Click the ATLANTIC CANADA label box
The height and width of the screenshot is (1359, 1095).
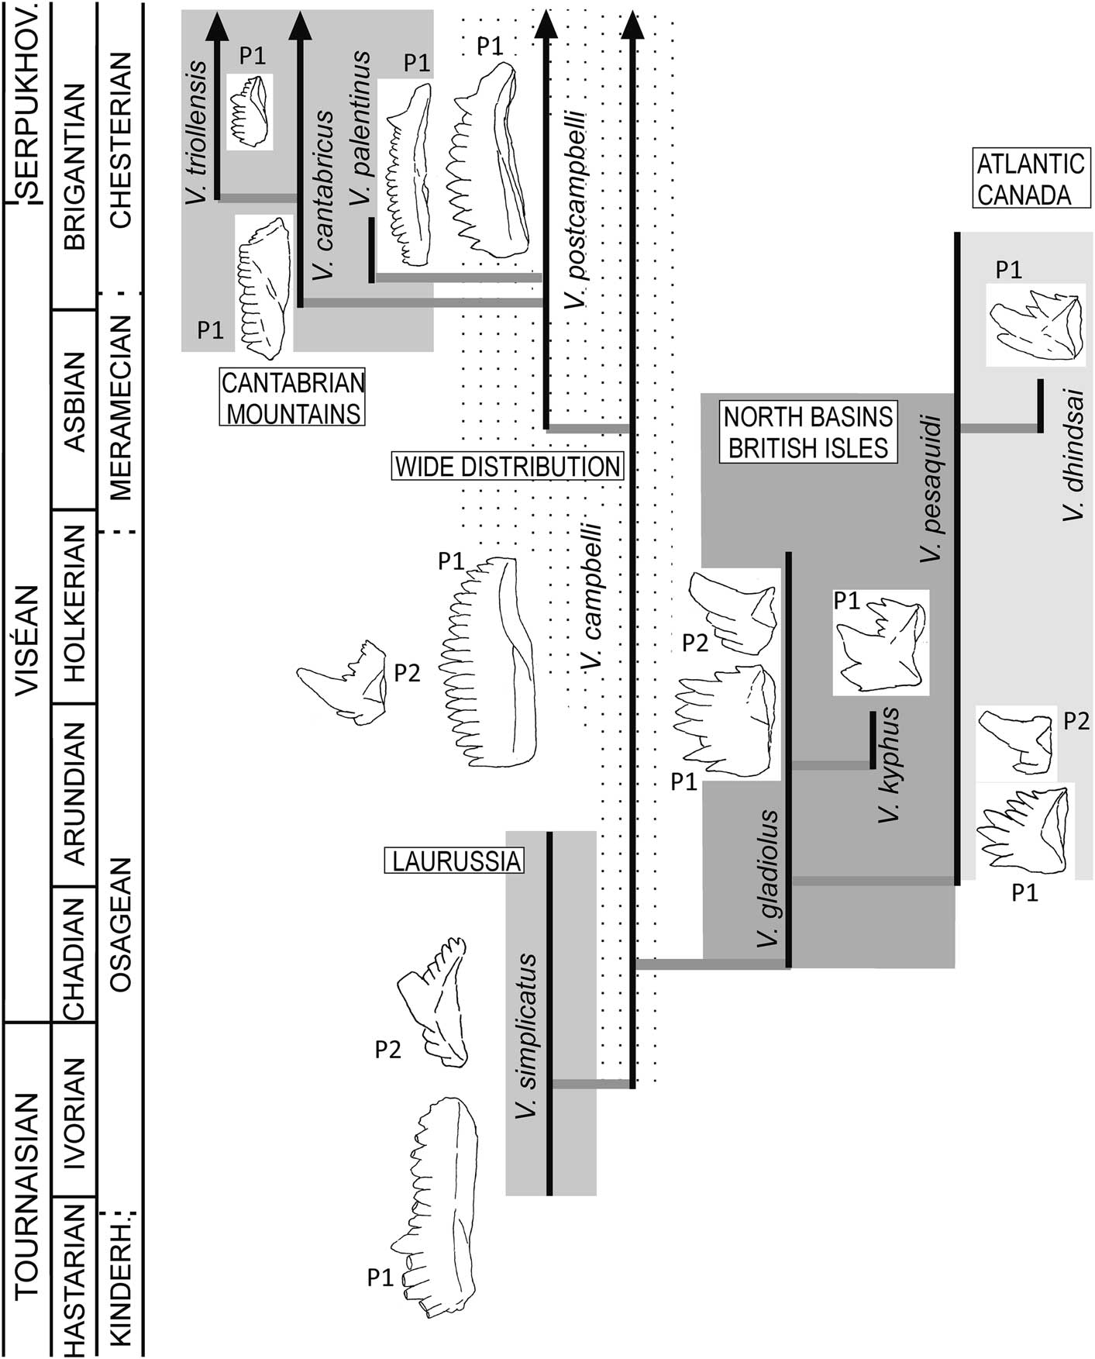[1029, 178]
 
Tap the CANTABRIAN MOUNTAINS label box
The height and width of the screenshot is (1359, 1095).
[293, 398]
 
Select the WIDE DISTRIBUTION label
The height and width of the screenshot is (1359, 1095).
[508, 467]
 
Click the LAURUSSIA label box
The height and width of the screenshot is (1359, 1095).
[455, 861]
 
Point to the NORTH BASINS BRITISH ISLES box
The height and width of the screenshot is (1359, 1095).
[807, 432]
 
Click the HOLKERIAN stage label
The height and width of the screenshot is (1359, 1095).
[74, 605]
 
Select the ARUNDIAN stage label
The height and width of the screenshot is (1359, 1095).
[74, 794]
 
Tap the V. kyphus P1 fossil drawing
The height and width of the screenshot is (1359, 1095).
[881, 643]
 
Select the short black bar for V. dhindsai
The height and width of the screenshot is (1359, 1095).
[1040, 405]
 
